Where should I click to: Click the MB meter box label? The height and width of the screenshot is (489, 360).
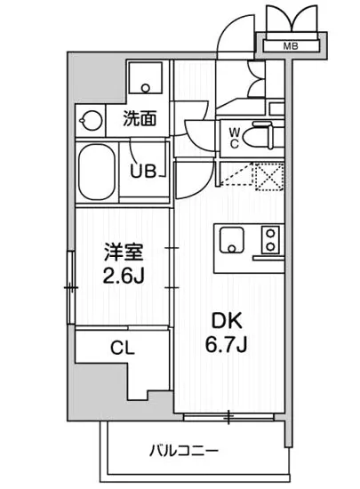point(291,45)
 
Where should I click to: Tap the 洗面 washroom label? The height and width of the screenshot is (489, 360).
point(140,116)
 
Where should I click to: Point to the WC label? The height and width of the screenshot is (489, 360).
point(234,137)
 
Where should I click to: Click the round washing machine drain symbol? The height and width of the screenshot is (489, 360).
point(90,118)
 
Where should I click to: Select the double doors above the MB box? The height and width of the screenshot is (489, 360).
point(291,18)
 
